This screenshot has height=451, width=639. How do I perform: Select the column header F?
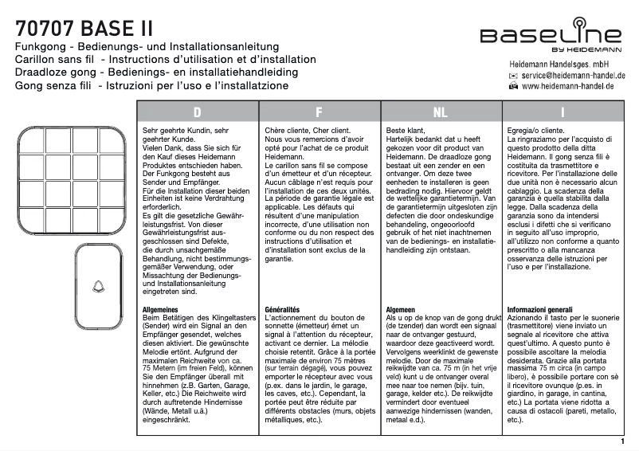click(x=319, y=112)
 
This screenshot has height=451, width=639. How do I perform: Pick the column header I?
click(x=563, y=112)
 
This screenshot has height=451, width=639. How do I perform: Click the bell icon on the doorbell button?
click(x=100, y=284)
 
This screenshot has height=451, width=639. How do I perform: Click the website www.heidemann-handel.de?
click(x=573, y=86)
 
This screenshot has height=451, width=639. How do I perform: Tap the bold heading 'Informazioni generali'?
click(x=540, y=308)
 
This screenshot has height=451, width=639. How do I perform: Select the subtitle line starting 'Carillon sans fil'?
click(x=166, y=60)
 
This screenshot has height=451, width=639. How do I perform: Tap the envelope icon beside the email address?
click(x=513, y=75)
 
